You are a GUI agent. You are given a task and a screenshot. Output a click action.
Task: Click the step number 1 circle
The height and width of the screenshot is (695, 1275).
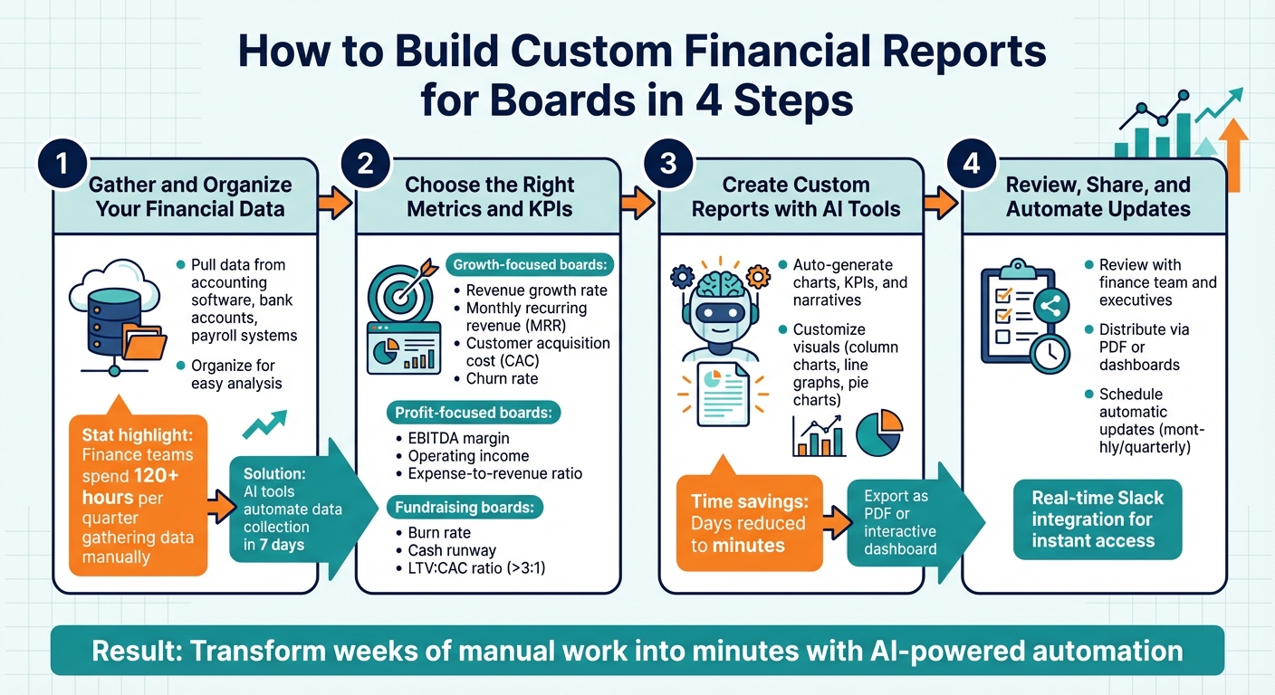tap(62, 164)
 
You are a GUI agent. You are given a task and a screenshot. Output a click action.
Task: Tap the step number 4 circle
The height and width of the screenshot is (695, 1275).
tap(971, 164)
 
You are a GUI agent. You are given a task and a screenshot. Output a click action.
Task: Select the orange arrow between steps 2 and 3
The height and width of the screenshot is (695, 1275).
tap(640, 204)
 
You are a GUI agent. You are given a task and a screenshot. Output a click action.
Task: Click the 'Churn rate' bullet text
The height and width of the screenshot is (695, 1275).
tap(502, 378)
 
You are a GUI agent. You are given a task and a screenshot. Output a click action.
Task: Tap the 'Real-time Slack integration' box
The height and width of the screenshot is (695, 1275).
tap(1098, 519)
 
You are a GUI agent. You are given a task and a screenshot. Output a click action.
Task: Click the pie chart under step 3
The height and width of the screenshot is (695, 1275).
tap(878, 433)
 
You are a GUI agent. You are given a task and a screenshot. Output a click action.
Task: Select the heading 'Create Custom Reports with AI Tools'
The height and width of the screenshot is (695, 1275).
tap(796, 197)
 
